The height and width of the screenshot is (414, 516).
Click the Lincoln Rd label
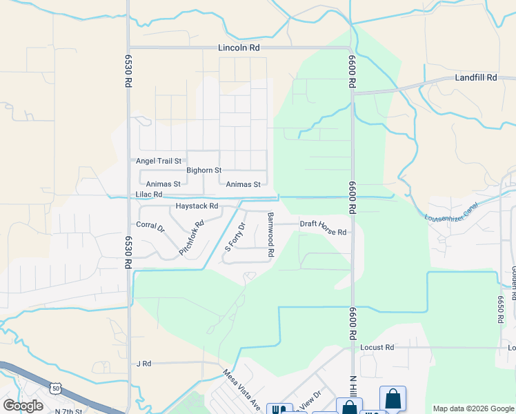click(239, 48)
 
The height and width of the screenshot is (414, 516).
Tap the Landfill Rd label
click(475, 78)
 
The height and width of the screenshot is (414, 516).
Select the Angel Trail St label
click(158, 161)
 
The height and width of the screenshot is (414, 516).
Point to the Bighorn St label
click(204, 170)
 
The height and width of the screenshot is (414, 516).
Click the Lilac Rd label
click(149, 195)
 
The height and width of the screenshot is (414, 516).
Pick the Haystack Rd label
click(197, 206)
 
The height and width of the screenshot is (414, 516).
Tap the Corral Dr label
click(150, 226)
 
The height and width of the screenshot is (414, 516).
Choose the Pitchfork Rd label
click(192, 238)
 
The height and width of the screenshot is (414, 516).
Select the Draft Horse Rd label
click(323, 228)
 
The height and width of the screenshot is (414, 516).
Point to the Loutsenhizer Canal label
click(451, 211)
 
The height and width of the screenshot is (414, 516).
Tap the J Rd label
click(143, 363)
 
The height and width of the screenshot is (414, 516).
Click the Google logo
click(23, 405)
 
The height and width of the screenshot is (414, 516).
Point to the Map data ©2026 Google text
click(473, 408)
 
